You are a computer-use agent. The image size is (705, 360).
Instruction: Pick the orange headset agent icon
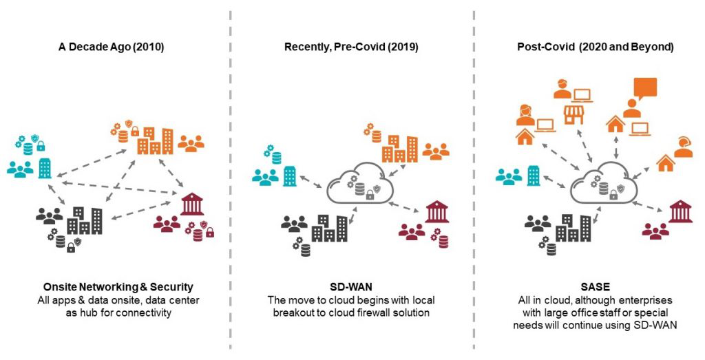click(x=684, y=147)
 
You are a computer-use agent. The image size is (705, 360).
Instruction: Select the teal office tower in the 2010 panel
click(x=45, y=168)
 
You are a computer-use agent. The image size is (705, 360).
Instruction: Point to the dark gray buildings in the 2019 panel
click(x=329, y=226)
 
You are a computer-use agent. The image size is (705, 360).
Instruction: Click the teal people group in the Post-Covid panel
click(x=509, y=177)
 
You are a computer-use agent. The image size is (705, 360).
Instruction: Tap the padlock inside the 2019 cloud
click(x=369, y=196)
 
